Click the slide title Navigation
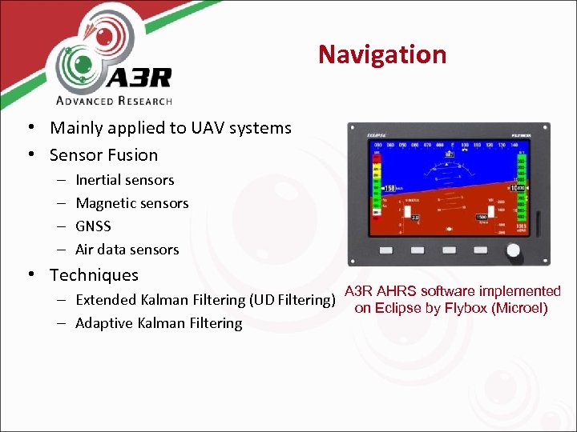381,54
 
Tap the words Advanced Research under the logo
114,100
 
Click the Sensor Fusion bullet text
103,154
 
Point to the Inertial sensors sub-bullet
124,180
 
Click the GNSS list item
93,226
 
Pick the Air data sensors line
127,250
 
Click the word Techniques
94,274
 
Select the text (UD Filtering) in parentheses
292,300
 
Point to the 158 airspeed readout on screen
390,189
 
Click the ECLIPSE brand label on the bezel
377,134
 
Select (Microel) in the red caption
518,308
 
